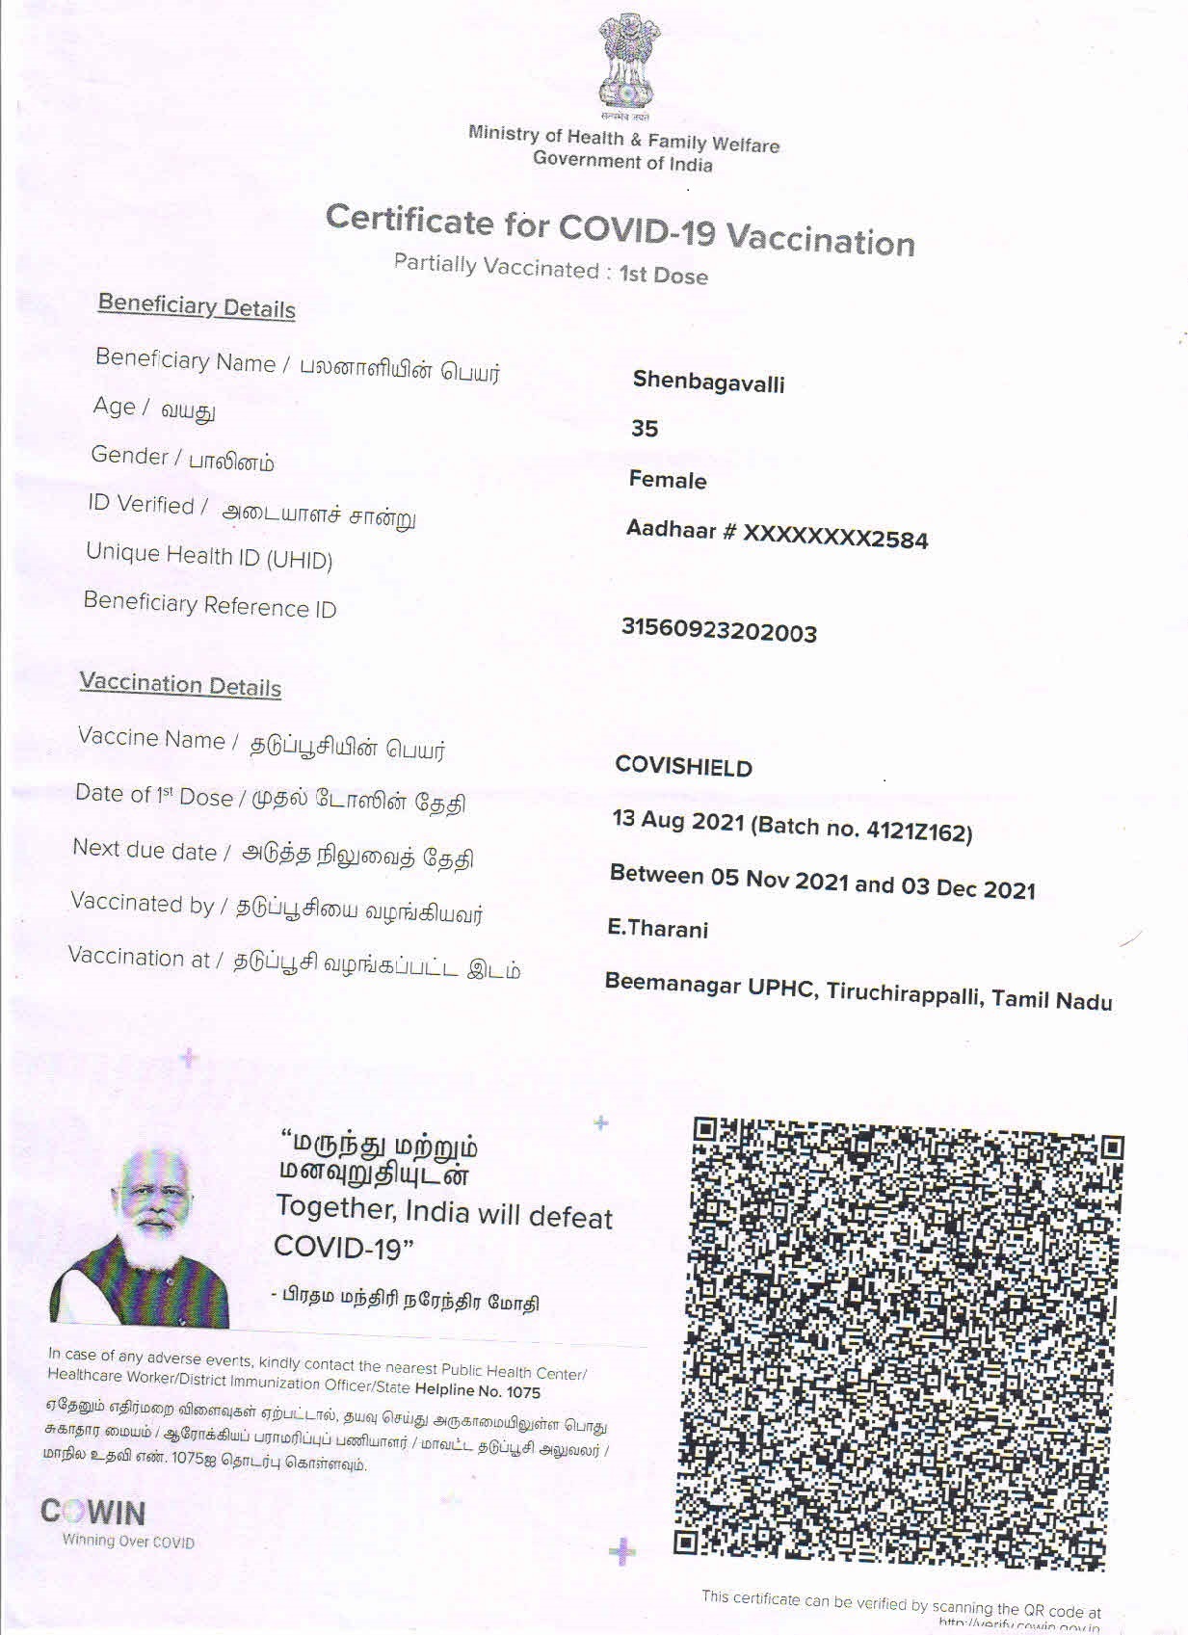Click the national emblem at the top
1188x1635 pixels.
pos(629,62)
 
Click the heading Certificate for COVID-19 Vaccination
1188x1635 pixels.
pos(620,230)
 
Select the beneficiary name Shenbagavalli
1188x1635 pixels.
pos(708,382)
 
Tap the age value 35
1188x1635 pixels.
pos(645,429)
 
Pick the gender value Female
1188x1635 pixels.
pos(668,480)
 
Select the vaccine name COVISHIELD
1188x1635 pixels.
pos(683,767)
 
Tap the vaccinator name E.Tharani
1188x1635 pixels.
pos(657,929)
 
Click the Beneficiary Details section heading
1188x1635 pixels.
pos(197,306)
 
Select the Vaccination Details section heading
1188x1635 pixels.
pos(180,685)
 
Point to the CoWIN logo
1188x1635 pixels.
pos(93,1512)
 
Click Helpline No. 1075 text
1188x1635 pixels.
pos(477,1390)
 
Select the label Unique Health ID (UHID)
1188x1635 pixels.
pos(209,556)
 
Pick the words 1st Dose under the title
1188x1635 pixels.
pos(663,275)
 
